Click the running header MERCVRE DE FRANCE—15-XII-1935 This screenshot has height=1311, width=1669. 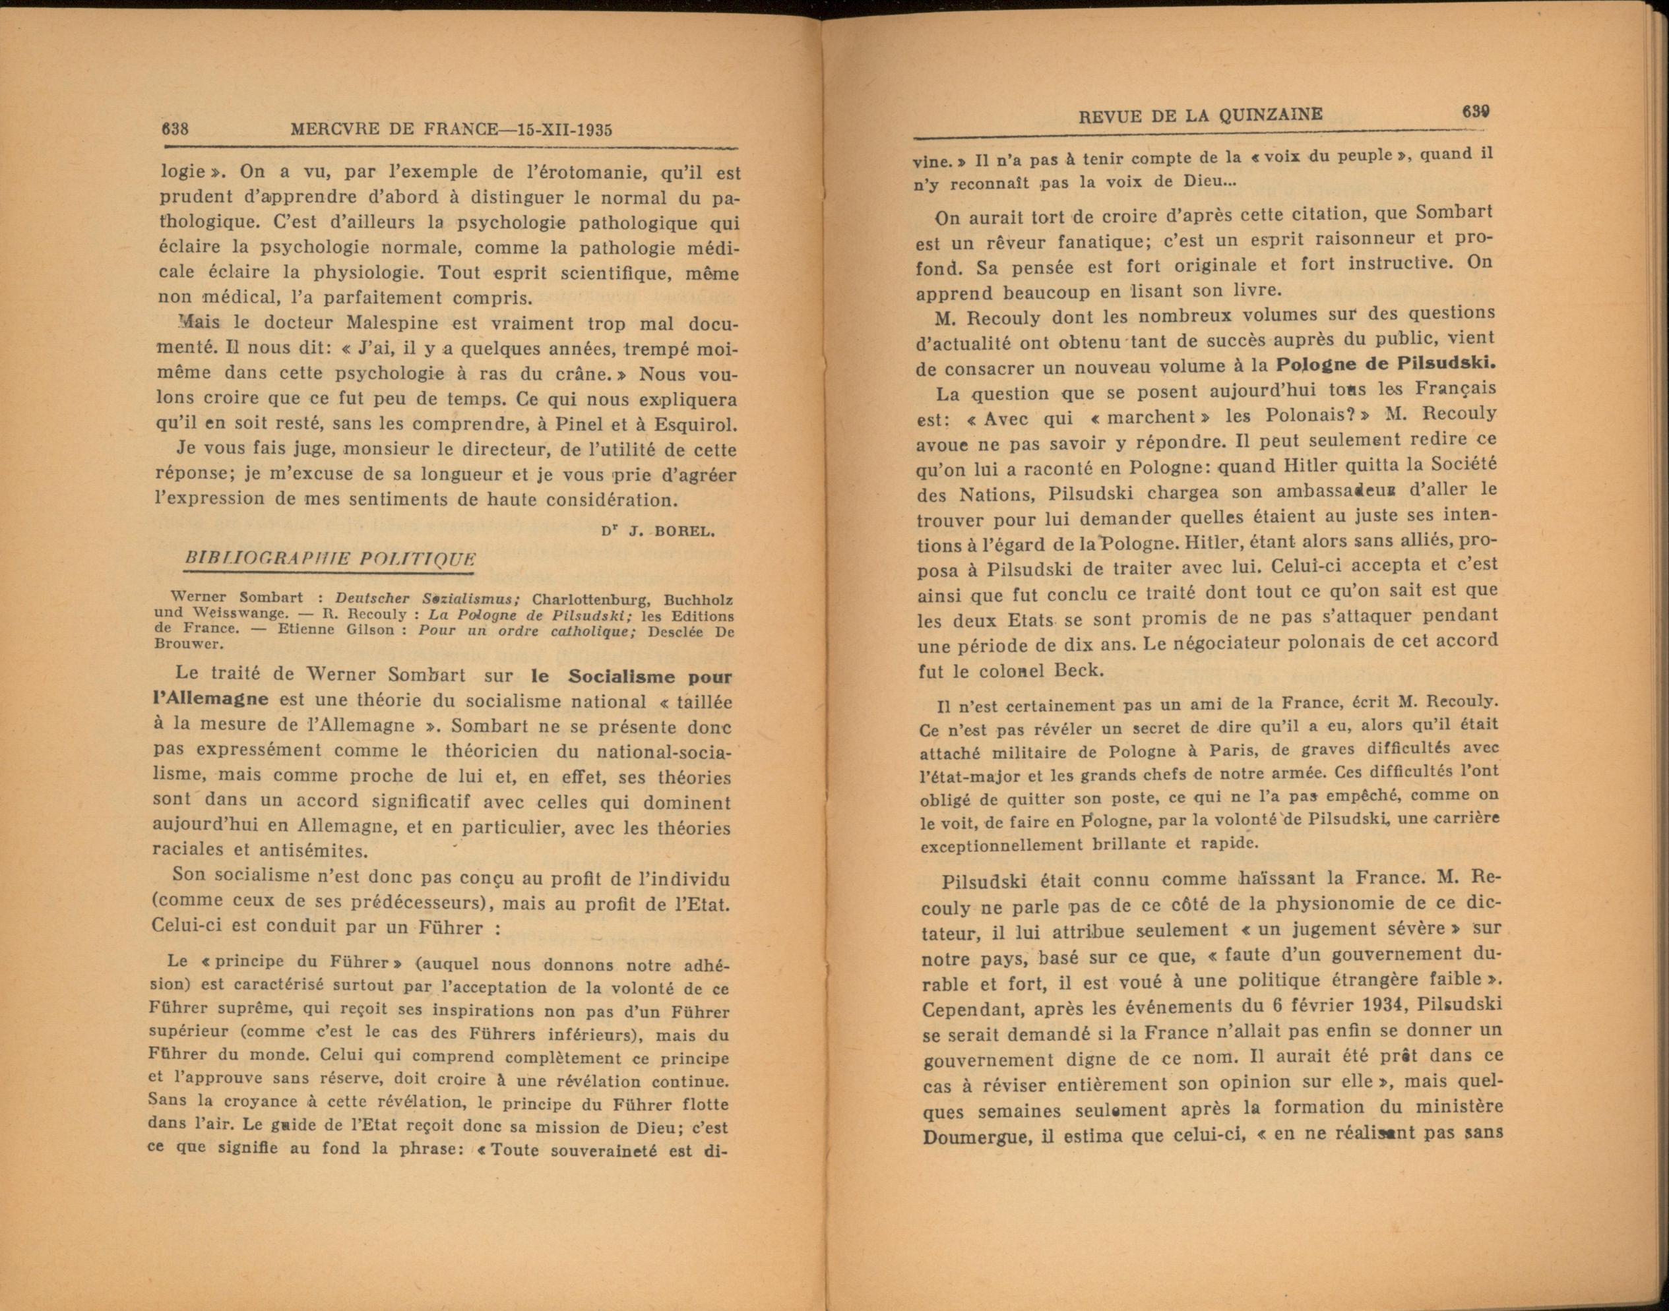tap(451, 129)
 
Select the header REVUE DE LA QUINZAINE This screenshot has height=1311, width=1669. tap(1200, 115)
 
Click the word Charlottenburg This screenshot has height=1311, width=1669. tap(592, 599)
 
